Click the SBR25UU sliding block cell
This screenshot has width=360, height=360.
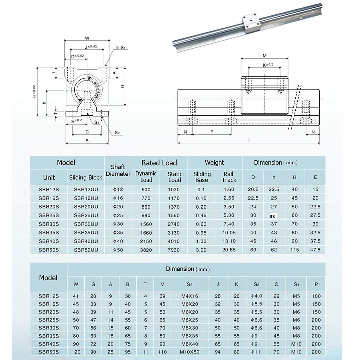pyautogui.click(x=86, y=215)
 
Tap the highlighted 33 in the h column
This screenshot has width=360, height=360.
pyautogui.click(x=273, y=216)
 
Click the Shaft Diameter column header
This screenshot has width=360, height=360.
pyautogui.click(x=118, y=170)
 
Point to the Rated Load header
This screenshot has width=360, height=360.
pyautogui.click(x=159, y=163)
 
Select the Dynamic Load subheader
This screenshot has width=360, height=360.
pyautogui.click(x=146, y=177)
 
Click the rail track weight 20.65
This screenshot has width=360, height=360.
pyautogui.click(x=229, y=250)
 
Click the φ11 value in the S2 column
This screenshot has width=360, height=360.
pyautogui.click(x=256, y=352)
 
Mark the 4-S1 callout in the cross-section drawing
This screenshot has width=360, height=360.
pyautogui.click(x=119, y=48)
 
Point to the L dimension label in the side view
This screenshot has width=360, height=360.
pyautogui.click(x=249, y=140)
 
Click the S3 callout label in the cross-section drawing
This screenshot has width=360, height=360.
pyautogui.click(x=97, y=122)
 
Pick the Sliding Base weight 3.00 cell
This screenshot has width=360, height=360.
pyautogui.click(x=201, y=250)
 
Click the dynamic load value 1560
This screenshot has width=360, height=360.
pyautogui.click(x=146, y=224)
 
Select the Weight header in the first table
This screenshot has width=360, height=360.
pyautogui.click(x=214, y=163)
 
